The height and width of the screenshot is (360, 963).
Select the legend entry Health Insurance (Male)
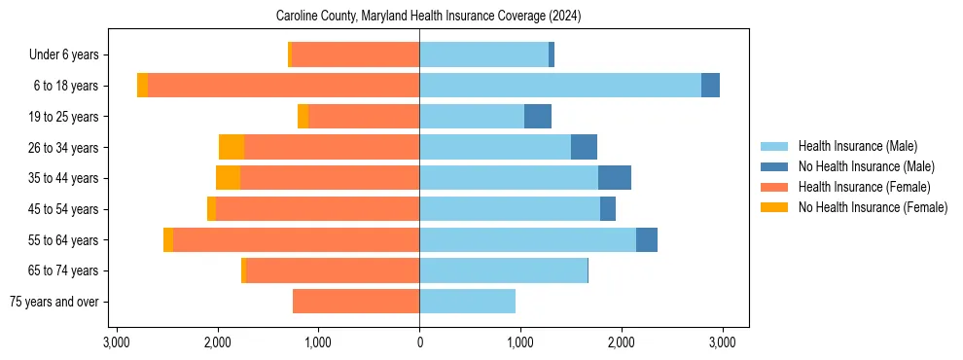[x=857, y=146]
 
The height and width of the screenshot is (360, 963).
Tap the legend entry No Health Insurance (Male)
[x=866, y=166]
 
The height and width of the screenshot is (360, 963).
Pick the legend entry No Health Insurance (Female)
[x=873, y=207]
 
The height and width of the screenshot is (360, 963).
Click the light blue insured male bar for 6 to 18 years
[x=559, y=85]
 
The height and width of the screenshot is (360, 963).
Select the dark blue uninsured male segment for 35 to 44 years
[x=615, y=178]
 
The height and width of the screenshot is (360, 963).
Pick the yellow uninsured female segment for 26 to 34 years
[x=232, y=147]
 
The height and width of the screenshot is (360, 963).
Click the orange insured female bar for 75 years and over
[x=356, y=302]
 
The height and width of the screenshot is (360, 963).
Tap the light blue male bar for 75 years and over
[x=467, y=302]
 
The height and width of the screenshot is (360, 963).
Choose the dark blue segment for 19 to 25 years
[x=538, y=116]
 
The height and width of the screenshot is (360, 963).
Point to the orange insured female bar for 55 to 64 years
[x=296, y=239]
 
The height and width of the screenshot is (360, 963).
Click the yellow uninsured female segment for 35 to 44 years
[x=228, y=178]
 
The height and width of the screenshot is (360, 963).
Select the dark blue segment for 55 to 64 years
[x=647, y=239]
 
